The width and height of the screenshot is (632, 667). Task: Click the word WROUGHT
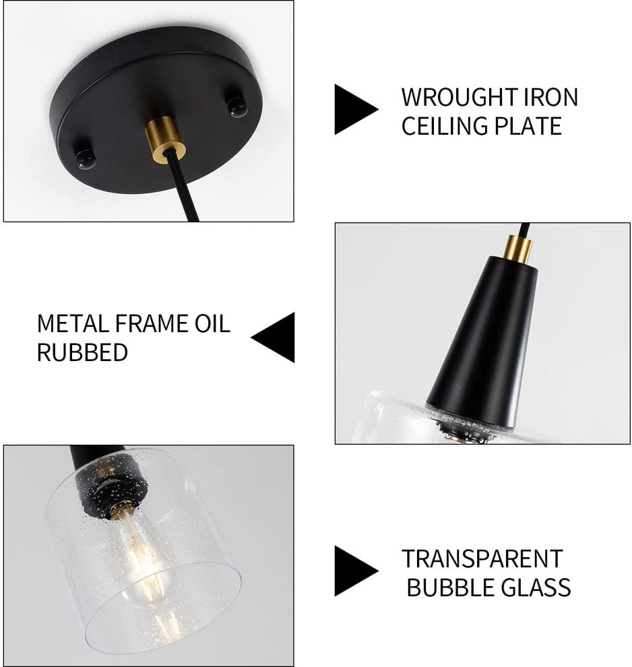(x=457, y=98)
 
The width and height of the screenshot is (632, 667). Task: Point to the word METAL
(x=73, y=323)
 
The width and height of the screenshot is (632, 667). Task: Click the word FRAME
(x=152, y=323)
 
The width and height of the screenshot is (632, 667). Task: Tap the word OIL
(x=212, y=323)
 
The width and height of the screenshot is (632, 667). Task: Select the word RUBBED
(x=82, y=352)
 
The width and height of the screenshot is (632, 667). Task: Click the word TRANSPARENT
(x=482, y=559)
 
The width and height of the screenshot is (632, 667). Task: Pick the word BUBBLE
(x=449, y=587)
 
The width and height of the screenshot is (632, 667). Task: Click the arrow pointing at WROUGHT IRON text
(x=356, y=109)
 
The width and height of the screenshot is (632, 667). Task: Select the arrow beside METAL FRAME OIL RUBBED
(x=273, y=338)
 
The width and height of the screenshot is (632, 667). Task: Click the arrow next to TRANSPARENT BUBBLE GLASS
(x=356, y=571)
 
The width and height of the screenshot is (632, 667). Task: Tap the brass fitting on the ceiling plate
(x=164, y=138)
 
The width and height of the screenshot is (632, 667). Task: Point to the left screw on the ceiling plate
(x=86, y=157)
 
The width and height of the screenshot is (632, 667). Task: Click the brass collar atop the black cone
(x=517, y=250)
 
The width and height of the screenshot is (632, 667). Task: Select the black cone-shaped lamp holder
(x=481, y=341)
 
